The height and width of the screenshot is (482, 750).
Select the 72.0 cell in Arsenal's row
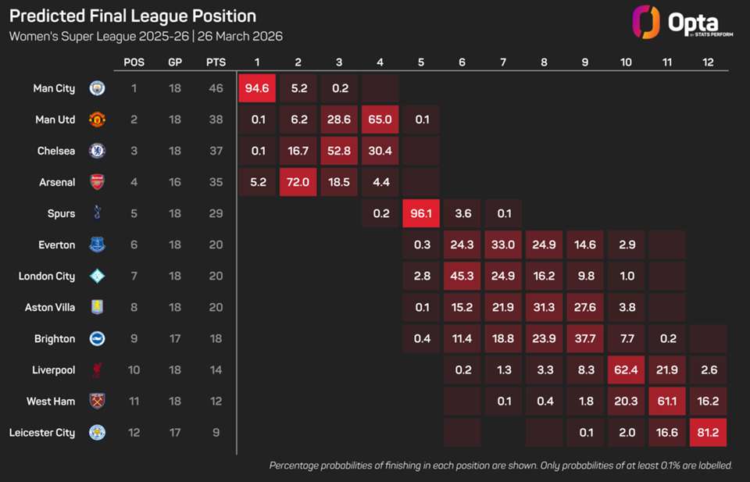[298, 182]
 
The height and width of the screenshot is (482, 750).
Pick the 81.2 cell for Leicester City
[708, 432]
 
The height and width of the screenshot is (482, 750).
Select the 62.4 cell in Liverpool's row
[625, 370]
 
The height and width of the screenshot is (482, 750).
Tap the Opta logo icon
[645, 23]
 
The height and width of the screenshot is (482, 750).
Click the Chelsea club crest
[97, 151]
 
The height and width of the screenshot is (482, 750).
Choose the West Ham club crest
[97, 401]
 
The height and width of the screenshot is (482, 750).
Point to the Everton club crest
[97, 245]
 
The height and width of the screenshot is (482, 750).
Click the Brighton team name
[55, 338]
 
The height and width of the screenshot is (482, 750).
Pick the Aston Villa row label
[50, 307]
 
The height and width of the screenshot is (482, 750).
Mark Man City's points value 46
[216, 88]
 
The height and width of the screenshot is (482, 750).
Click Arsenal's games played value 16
[175, 182]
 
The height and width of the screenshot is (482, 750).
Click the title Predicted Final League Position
[133, 16]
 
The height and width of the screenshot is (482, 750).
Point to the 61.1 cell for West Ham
[666, 401]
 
